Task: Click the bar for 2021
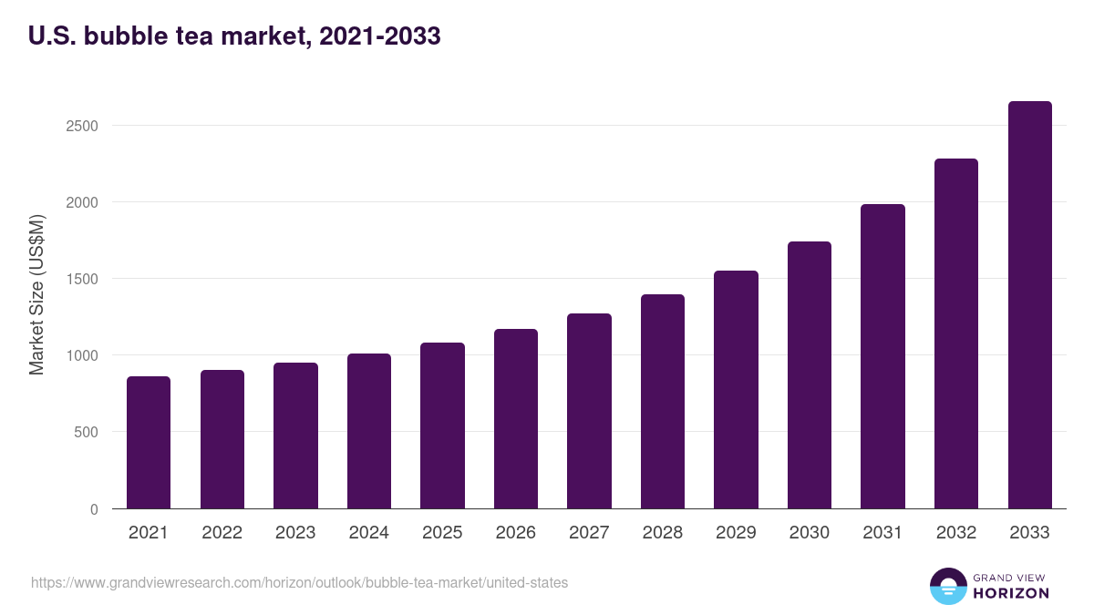(x=149, y=443)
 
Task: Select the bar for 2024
(x=369, y=431)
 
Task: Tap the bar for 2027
(x=589, y=411)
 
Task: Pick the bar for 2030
(x=810, y=375)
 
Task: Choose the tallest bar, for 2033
(x=1029, y=305)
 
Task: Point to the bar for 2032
(x=956, y=333)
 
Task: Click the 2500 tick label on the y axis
(x=82, y=126)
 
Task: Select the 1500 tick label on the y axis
(x=82, y=279)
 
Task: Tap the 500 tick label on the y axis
(x=86, y=432)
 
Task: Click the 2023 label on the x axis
(x=295, y=533)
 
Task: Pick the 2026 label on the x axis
(x=516, y=533)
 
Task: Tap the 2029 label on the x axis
(x=736, y=533)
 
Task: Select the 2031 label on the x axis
(x=882, y=533)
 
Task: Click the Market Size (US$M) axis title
(x=36, y=295)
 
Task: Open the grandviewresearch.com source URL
(x=299, y=582)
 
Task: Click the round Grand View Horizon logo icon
(x=947, y=586)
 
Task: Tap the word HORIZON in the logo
(x=1011, y=593)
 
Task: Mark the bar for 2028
(x=663, y=402)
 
